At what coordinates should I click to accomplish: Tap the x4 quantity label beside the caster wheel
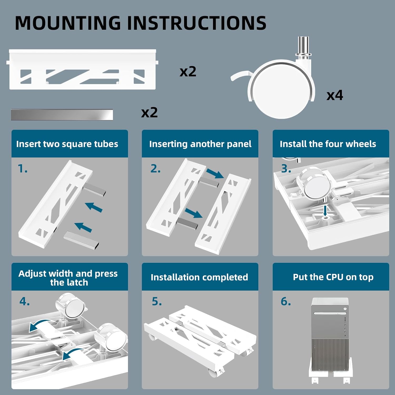[x=335, y=95]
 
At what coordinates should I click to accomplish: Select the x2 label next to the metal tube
[x=149, y=113]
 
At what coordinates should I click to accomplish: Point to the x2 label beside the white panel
[x=188, y=72]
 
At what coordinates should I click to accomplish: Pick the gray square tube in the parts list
[x=62, y=115]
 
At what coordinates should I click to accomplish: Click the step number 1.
[x=22, y=169]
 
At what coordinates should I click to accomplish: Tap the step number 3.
[x=286, y=169]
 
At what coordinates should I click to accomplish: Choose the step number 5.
[x=157, y=302]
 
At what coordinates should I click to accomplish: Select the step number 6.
[x=286, y=302]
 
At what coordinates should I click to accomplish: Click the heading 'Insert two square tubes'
[x=67, y=144]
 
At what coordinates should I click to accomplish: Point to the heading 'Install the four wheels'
[x=328, y=144]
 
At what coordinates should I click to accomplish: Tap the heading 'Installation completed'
[x=199, y=277]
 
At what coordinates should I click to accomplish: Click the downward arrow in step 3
[x=325, y=210]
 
